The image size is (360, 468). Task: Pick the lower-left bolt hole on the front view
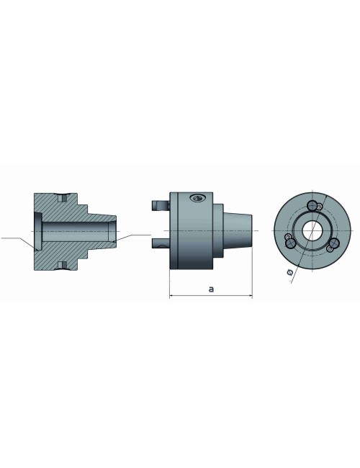click(290, 243)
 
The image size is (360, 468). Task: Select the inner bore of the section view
click(76, 230)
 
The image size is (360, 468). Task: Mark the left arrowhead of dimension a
click(171, 295)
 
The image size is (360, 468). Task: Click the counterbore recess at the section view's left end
click(36, 230)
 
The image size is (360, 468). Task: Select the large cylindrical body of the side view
click(191, 230)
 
